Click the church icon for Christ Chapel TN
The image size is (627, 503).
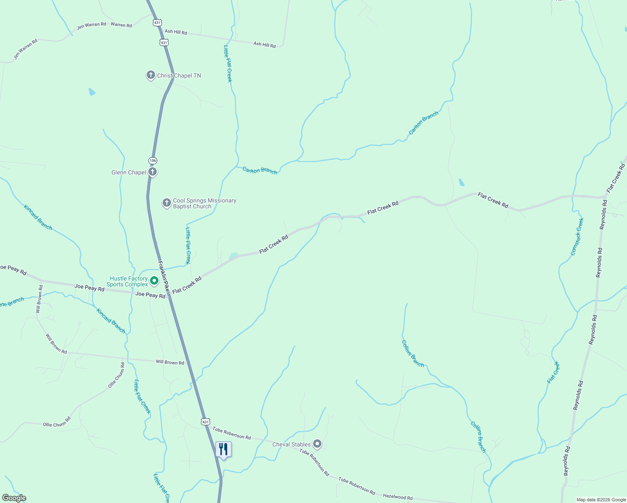[151, 75]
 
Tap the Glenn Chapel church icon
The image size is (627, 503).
[153, 172]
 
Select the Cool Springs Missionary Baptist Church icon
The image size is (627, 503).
[166, 203]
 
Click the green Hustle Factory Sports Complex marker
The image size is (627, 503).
[154, 281]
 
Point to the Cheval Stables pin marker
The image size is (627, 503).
[317, 444]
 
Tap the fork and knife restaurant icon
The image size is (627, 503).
[223, 449]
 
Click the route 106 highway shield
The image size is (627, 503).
[153, 161]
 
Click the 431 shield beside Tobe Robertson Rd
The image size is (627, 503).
[205, 422]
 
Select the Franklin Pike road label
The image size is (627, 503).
[164, 277]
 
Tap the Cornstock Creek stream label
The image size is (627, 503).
[577, 236]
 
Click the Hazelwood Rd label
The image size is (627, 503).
[398, 497]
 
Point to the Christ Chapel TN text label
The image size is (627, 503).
[179, 76]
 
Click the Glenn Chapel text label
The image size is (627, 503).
[129, 172]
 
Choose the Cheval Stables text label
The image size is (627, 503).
[292, 444]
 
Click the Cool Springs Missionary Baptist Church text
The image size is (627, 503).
[205, 203]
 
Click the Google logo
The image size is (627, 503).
[14, 498]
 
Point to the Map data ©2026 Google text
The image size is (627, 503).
[601, 500]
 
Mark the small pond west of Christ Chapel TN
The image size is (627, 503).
[92, 91]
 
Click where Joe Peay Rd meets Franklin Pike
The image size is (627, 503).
[168, 295]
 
